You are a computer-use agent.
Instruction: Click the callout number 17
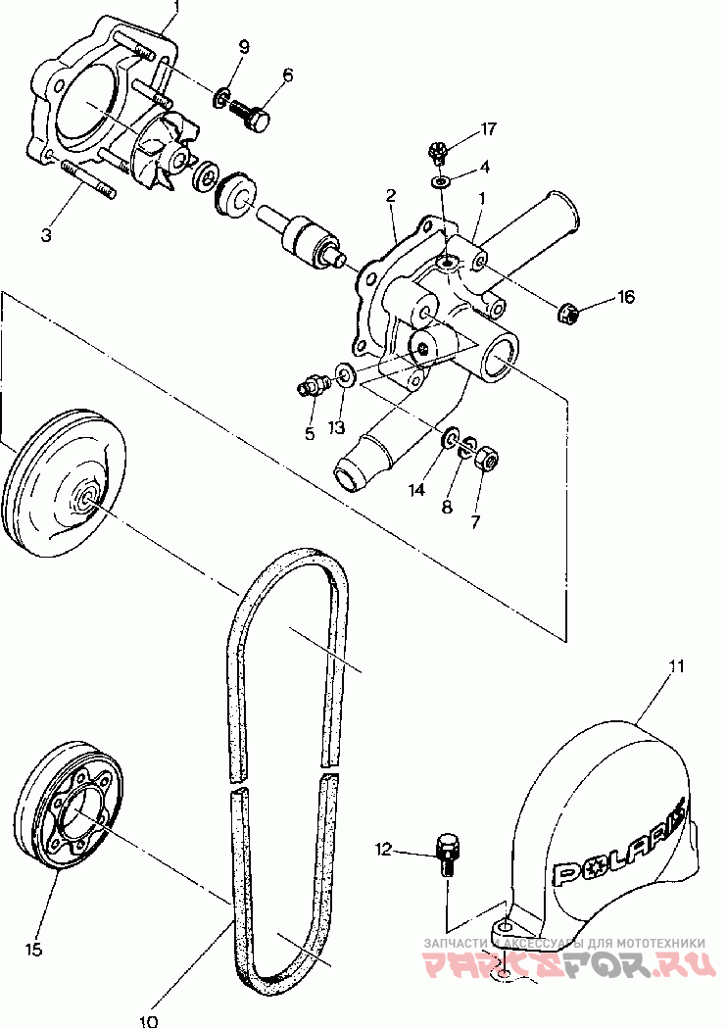(x=488, y=128)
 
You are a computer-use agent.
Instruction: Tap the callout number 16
(x=625, y=297)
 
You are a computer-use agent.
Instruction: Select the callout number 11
(x=676, y=666)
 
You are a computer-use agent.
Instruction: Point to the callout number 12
(x=383, y=850)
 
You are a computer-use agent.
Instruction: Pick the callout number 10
(x=149, y=1021)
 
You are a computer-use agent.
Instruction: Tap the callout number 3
(x=46, y=235)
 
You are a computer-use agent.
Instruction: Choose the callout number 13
(x=336, y=427)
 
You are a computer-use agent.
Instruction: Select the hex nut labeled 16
(x=567, y=314)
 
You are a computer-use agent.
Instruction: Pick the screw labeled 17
(x=437, y=153)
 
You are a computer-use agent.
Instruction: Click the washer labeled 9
(x=221, y=98)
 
